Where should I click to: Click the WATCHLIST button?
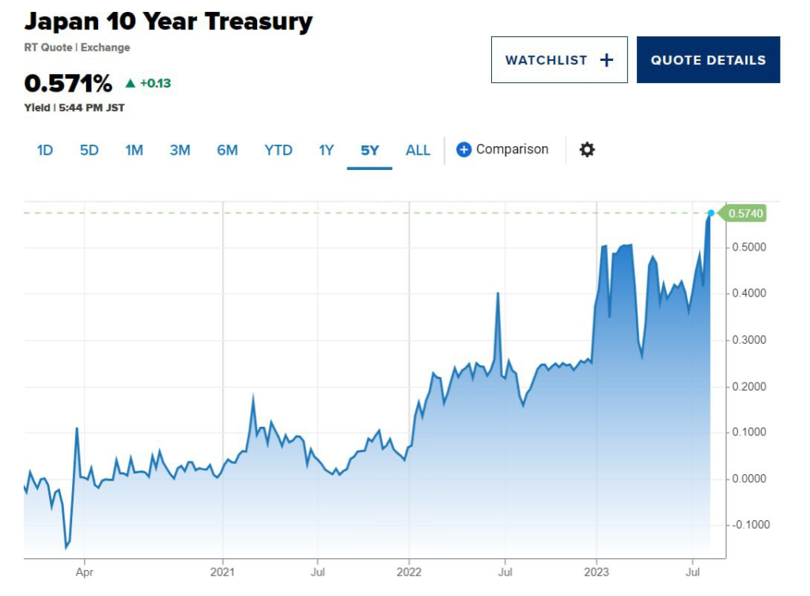click(x=558, y=60)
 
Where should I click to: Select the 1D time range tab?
click(x=45, y=150)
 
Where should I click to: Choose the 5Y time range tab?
click(x=369, y=150)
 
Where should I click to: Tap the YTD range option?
click(x=278, y=150)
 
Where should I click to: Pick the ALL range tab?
click(x=418, y=150)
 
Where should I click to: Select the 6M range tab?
click(x=227, y=150)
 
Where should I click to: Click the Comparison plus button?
click(x=464, y=149)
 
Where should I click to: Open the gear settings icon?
click(x=587, y=149)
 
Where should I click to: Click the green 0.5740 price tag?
click(x=745, y=213)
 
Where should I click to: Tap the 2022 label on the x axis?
click(x=409, y=570)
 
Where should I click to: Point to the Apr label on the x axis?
click(x=85, y=570)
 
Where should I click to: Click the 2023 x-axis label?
click(x=596, y=570)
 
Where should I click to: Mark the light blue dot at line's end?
click(x=711, y=213)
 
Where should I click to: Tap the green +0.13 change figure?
click(x=155, y=83)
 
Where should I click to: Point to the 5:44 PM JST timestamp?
click(x=92, y=108)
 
